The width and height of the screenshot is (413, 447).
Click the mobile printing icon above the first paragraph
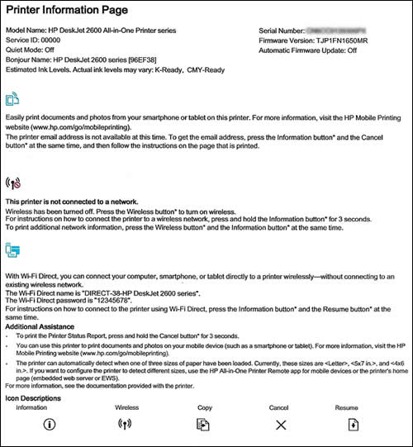pyautogui.click(x=12, y=101)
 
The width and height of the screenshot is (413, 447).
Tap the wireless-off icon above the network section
pyautogui.click(x=12, y=183)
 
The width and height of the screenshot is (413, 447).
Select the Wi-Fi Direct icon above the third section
pyautogui.click(x=12, y=249)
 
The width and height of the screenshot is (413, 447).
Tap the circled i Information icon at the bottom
pyautogui.click(x=49, y=426)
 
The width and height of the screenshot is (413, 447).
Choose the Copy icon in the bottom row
pyautogui.click(x=203, y=426)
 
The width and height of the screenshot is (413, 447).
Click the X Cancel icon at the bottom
pyautogui.click(x=281, y=426)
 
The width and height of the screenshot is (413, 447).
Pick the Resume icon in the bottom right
pyautogui.click(x=354, y=426)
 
